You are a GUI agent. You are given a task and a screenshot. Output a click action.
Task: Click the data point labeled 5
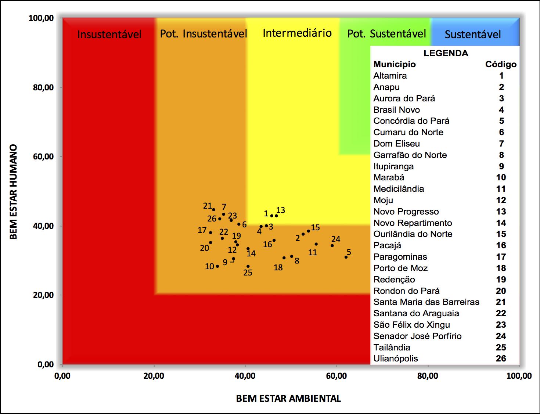pos(346,257)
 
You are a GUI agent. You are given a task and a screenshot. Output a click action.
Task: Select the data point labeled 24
pos(332,245)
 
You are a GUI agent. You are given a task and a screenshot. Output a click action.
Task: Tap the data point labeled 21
pos(214,210)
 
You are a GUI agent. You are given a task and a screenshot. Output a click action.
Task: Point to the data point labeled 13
pos(276,216)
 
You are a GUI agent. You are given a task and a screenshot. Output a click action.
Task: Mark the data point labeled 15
pos(308,231)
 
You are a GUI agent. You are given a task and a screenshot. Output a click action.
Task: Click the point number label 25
pos(248,273)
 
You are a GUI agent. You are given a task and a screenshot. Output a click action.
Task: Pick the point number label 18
pos(278,267)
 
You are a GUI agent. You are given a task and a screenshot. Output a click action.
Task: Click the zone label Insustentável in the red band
pos(109,35)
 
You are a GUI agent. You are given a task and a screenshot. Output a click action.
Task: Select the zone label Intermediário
pos(297,33)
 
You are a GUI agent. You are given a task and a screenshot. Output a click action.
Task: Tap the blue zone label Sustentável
pos(473,35)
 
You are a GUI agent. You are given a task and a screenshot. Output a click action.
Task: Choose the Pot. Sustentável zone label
pos(386,34)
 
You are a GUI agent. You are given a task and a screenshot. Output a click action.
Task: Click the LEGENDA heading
pos(446,53)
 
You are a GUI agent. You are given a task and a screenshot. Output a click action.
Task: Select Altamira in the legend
pos(390,76)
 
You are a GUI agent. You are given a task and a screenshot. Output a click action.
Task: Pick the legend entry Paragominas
pos(400,257)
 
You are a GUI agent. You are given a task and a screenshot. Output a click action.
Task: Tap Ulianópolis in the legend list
pos(396,359)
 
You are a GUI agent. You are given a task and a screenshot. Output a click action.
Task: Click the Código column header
pos(501,64)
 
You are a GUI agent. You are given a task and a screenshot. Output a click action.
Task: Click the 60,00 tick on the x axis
pos(336,376)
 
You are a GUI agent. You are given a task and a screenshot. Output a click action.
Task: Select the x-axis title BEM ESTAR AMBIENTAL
pos(288,399)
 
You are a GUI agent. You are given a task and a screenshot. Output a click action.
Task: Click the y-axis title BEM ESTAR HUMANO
pos(14,191)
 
